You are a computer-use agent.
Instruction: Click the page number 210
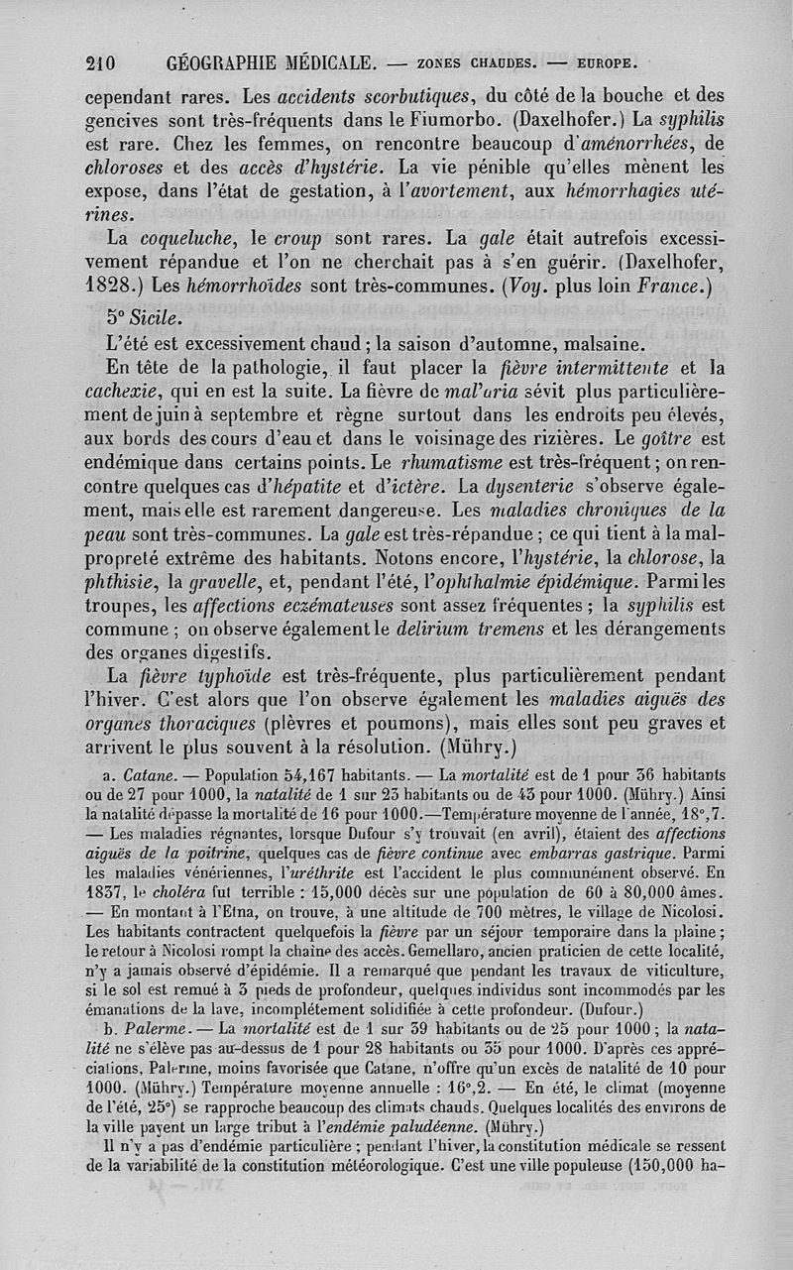100,63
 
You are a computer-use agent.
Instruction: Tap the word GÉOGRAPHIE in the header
230,63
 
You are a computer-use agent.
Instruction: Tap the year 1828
111,289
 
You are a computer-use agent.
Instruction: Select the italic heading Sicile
156,319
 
